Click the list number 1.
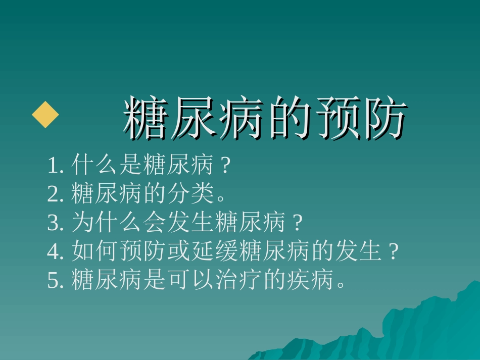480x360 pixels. pyautogui.click(x=53, y=166)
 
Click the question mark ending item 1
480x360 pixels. pyautogui.click(x=227, y=165)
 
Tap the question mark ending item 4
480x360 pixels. pyautogui.click(x=395, y=251)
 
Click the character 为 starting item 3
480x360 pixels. pyautogui.click(x=83, y=223)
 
